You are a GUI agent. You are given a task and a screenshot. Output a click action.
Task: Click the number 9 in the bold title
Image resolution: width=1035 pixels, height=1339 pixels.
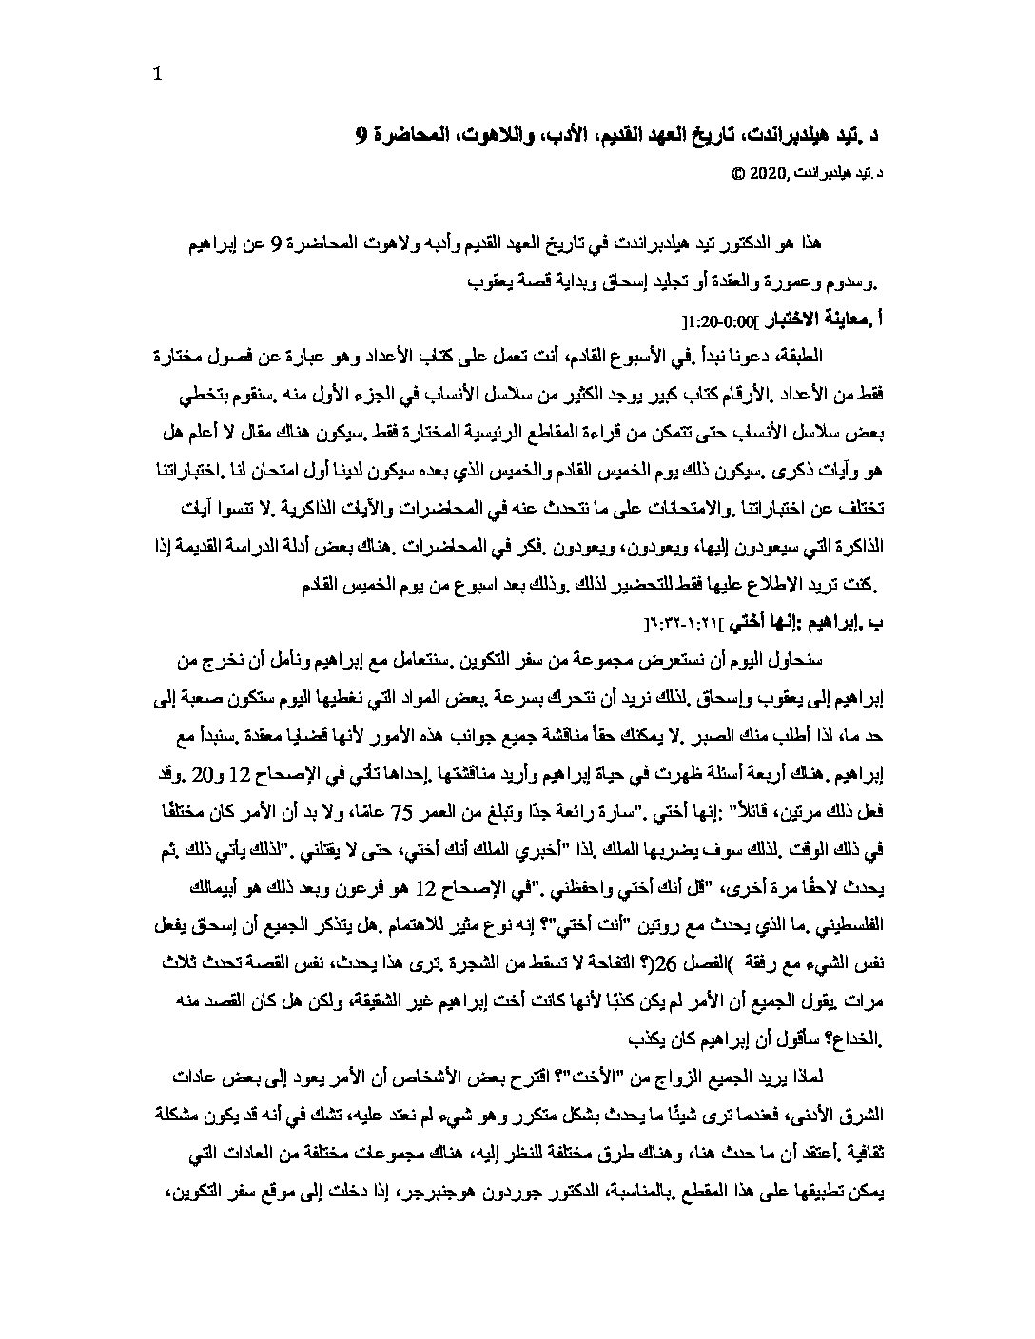[x=360, y=137]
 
